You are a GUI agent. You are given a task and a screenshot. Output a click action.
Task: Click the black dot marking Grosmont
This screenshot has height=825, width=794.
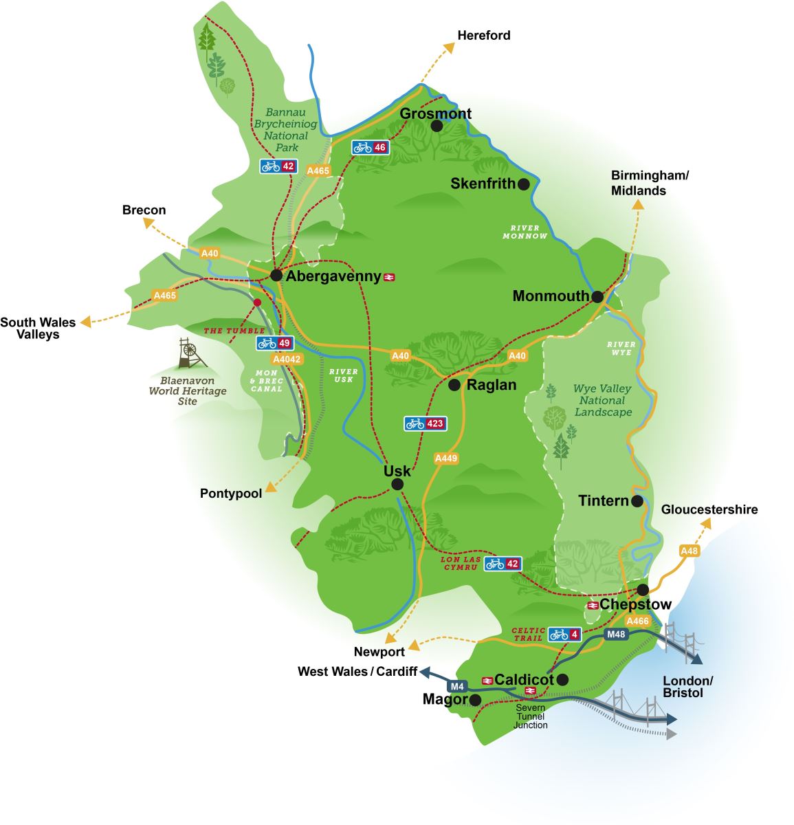coord(437,126)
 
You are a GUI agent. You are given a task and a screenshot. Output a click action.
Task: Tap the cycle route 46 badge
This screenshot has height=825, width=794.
coord(370,147)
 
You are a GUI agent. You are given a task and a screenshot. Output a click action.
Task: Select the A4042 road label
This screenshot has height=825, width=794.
coord(287,359)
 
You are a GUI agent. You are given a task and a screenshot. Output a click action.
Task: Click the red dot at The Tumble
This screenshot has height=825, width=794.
coord(257,302)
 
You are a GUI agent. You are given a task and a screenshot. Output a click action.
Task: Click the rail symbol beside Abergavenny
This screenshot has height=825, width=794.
coord(389,277)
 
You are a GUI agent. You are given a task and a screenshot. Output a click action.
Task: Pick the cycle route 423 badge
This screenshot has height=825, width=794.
coord(425,423)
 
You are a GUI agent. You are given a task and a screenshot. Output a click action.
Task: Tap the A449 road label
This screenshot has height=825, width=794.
coord(445,458)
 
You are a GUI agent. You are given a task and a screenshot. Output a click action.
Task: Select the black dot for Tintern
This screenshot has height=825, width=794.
coord(637,501)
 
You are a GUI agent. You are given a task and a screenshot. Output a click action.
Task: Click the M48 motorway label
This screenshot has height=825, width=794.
coord(616,634)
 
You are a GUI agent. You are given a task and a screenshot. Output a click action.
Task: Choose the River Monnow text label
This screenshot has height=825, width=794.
coord(525,232)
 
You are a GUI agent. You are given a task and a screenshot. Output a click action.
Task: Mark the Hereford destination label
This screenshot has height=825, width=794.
coord(484,35)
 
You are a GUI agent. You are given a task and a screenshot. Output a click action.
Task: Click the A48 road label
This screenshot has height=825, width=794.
coord(689,551)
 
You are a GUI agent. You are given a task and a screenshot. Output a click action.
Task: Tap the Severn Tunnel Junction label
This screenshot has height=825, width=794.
coord(530,716)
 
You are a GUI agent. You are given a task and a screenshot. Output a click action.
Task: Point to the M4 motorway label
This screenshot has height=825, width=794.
coord(457,686)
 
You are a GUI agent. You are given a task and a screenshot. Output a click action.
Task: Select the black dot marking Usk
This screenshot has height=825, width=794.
coord(397,485)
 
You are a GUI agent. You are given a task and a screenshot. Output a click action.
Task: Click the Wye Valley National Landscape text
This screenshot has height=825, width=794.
coord(602,400)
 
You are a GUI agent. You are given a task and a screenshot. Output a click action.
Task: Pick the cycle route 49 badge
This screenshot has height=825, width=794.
coord(275,343)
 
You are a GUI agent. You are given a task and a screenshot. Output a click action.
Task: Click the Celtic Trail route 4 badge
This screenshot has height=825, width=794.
coord(564,634)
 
